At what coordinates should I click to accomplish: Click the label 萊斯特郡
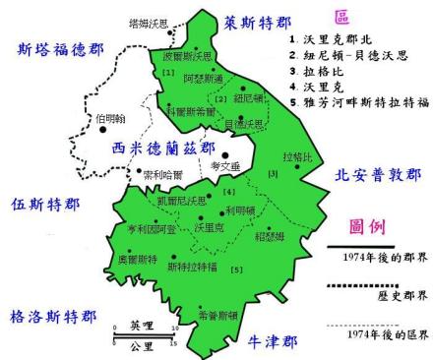258,21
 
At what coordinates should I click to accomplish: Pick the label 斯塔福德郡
56,45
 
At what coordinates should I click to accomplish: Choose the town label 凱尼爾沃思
182,200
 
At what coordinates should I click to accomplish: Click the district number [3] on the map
275,173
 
